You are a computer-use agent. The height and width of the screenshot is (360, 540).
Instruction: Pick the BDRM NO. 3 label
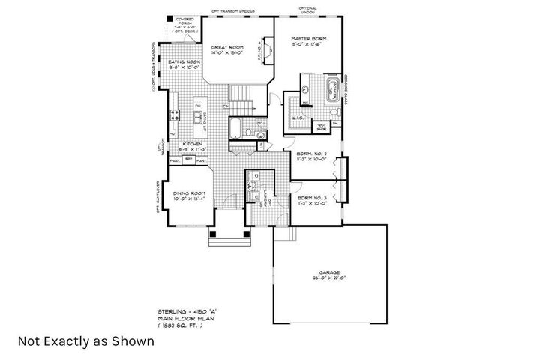pyautogui.click(x=310, y=201)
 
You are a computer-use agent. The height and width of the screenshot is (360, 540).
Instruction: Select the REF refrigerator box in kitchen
pyautogui.click(x=189, y=160)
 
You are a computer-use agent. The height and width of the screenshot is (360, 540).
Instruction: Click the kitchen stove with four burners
pyautogui.click(x=175, y=115)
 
